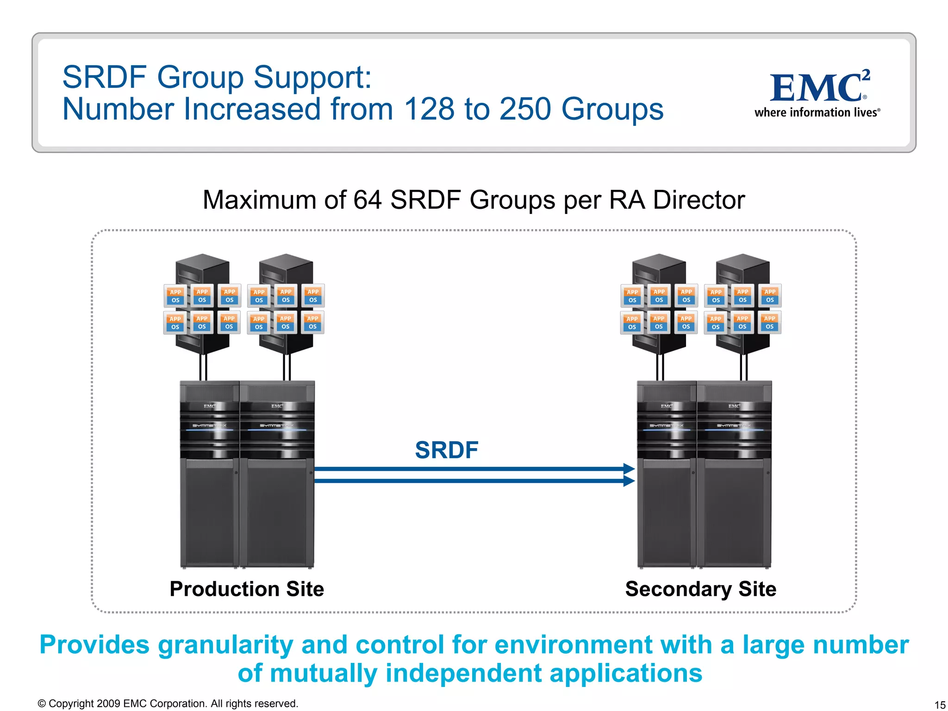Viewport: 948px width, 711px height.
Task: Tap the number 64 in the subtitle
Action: click(x=367, y=200)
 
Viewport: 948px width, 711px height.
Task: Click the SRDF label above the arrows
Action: click(x=446, y=450)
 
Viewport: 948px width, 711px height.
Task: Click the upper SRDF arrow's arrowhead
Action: click(x=629, y=468)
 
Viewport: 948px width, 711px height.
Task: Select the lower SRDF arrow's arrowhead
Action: click(x=629, y=481)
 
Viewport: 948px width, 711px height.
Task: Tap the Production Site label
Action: click(x=247, y=589)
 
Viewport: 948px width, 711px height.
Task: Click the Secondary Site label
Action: click(x=700, y=589)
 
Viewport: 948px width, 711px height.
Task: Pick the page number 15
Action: click(x=940, y=705)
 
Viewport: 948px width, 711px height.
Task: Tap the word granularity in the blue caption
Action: click(x=225, y=645)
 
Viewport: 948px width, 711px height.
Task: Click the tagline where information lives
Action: click(x=817, y=112)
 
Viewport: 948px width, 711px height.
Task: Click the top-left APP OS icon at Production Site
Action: click(x=175, y=296)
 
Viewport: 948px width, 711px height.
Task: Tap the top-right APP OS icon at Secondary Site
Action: click(x=770, y=296)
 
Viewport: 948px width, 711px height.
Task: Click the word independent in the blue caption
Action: click(x=463, y=673)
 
